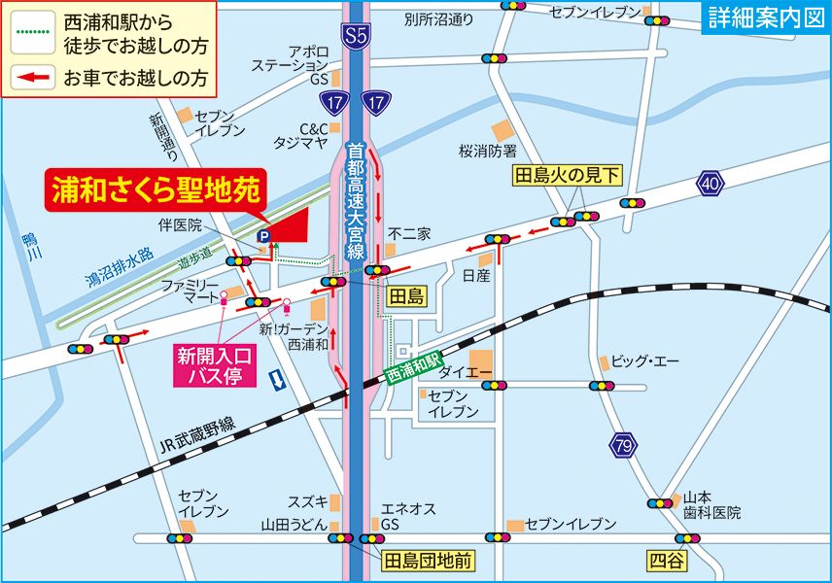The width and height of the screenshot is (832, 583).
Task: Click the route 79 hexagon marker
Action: tap(624, 445)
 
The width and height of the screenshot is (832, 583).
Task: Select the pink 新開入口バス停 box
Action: tap(214, 366)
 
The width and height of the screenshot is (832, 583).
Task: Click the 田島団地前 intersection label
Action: tap(428, 562)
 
